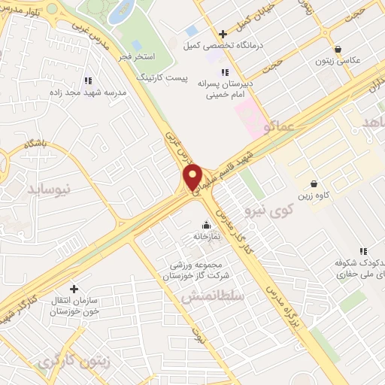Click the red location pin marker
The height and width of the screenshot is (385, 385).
coord(192,177)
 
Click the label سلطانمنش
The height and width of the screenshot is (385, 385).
coord(213,296)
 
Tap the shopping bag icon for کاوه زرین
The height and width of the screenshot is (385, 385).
coord(314,183)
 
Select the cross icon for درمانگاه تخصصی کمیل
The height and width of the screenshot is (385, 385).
coord(223,33)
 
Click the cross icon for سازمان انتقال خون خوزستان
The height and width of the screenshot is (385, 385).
coord(74,289)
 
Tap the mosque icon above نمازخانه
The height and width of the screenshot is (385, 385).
coord(206,224)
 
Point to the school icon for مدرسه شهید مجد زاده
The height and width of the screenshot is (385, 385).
coord(88,80)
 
